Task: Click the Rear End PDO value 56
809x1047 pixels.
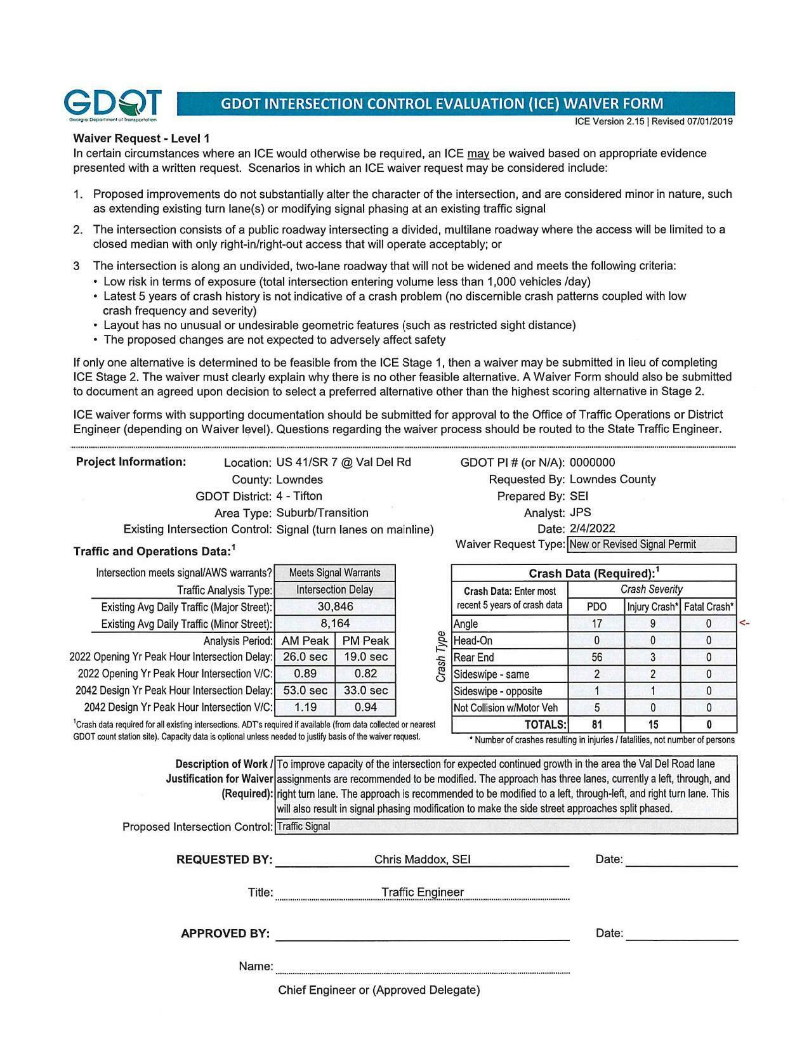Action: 596,658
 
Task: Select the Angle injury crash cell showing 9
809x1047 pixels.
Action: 652,624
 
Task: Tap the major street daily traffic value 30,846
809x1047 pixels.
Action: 335,607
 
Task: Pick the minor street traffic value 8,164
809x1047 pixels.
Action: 335,623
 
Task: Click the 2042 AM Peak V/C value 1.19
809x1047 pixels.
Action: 305,707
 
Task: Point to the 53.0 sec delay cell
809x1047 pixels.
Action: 305,691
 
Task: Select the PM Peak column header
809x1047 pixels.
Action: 365,641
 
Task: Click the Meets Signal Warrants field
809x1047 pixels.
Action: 335,573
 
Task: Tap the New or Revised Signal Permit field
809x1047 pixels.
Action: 652,544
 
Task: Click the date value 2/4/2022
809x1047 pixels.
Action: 592,528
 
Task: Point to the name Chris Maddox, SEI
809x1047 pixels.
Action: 422,859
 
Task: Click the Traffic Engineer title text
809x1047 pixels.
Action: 422,892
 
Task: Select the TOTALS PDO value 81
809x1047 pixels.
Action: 596,724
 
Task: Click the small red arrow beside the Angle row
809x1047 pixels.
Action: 745,624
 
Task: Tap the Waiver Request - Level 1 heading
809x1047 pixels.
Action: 141,138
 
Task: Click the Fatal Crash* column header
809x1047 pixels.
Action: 709,607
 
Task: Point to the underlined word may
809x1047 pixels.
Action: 478,153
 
